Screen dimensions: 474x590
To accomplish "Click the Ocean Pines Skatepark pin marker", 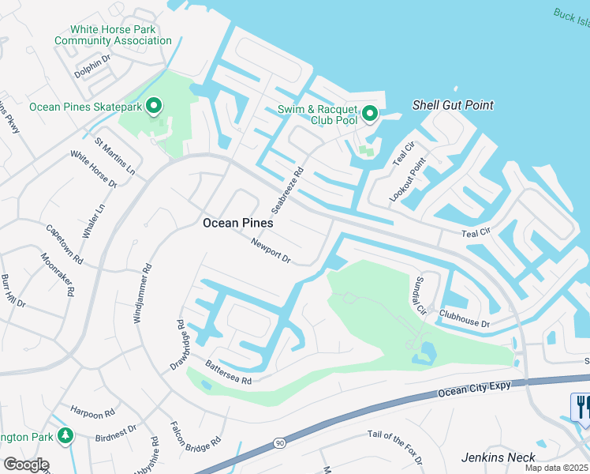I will click(155, 106).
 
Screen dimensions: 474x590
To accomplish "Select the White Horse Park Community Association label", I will click(114, 35).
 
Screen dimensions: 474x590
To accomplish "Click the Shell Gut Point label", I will click(453, 105).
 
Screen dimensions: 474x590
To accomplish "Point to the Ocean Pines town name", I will click(237, 223).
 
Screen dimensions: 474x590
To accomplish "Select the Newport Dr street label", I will click(271, 252).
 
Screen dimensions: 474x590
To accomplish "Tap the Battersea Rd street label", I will click(227, 371).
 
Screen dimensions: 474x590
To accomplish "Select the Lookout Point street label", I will click(407, 179).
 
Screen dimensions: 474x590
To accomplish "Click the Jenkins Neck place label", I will click(499, 457).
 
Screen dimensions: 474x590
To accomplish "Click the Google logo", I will click(25, 465).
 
